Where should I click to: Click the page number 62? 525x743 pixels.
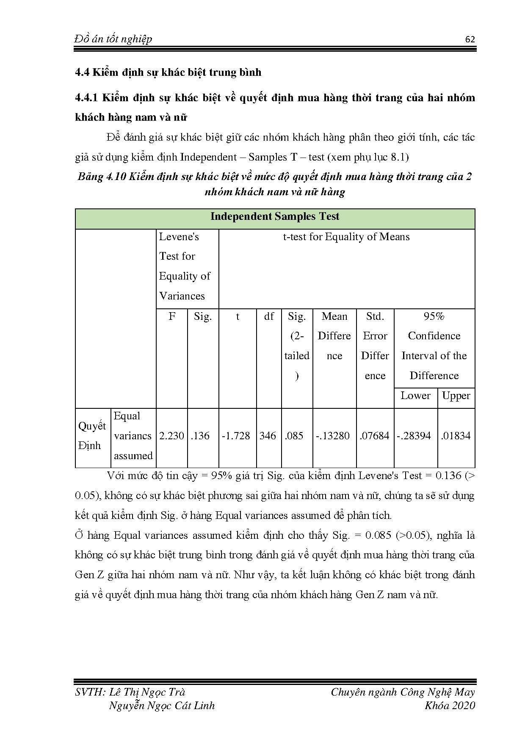coord(470,39)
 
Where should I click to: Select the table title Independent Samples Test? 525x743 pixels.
coord(275,216)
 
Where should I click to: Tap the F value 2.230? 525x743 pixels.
coord(171,436)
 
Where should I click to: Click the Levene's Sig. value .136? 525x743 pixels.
coord(200,436)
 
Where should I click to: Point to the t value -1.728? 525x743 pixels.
coord(236,436)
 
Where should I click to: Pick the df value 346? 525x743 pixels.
coord(268,436)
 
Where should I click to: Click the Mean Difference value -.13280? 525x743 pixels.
coord(333,436)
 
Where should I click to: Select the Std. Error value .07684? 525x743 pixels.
coord(374,436)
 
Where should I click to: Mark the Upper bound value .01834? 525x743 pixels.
coord(456,436)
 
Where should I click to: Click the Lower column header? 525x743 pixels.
coord(415,396)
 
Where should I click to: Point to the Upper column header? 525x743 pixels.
coord(456,396)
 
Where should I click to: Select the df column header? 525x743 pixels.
coord(269,316)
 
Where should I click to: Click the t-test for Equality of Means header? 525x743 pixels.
coord(346,237)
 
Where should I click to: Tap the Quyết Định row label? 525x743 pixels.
coord(92,436)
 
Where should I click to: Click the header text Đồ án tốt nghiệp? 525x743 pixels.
coord(113,39)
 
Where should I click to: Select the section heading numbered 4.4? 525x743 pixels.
coord(168,72)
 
